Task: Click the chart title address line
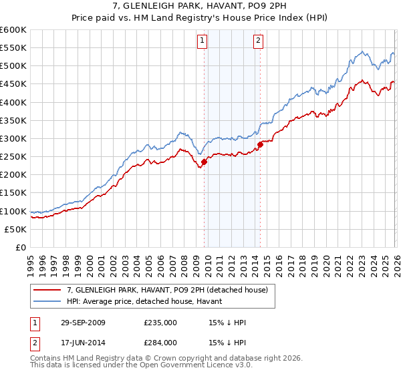(x=200, y=6)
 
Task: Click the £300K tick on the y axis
(x=13, y=138)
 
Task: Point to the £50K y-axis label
(x=15, y=229)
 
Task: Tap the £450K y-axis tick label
(x=13, y=84)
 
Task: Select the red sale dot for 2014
(x=260, y=144)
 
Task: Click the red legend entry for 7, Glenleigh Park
(x=167, y=290)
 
